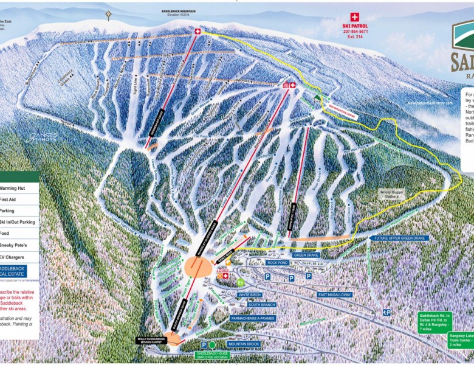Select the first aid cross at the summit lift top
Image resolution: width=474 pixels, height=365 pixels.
pyautogui.click(x=197, y=31)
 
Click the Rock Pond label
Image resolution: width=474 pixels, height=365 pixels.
pyautogui.click(x=278, y=263)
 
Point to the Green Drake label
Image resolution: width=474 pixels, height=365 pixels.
pyautogui.click(x=306, y=255)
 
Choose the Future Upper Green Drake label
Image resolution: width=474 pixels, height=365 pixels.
pyautogui.click(x=402, y=238)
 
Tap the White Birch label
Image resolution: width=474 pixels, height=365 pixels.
pyautogui.click(x=250, y=294)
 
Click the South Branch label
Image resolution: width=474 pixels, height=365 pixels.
pyautogui.click(x=262, y=304)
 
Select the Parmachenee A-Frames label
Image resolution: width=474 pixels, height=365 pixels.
pyautogui.click(x=253, y=318)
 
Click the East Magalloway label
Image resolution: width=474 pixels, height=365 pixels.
pyautogui.click(x=335, y=294)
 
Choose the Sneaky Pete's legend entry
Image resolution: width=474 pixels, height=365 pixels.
pyautogui.click(x=17, y=245)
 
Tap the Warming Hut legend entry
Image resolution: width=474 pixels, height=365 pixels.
pyautogui.click(x=17, y=188)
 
